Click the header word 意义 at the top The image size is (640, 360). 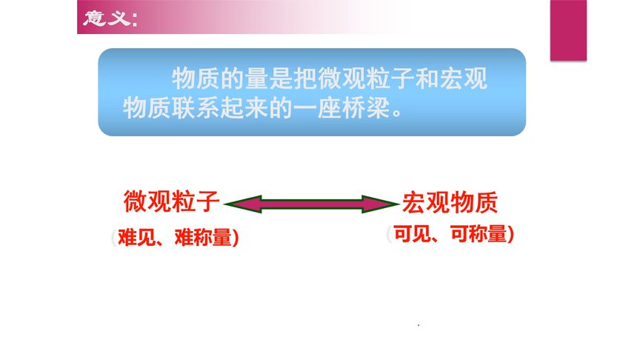pos(104,18)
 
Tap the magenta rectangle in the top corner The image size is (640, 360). pos(567,30)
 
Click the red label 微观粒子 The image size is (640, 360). pos(172,201)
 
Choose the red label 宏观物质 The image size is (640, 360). pos(450,201)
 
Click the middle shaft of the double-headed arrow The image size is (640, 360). pos(311,203)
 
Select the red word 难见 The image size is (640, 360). pos(133,239)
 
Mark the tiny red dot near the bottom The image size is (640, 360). pos(419,325)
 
